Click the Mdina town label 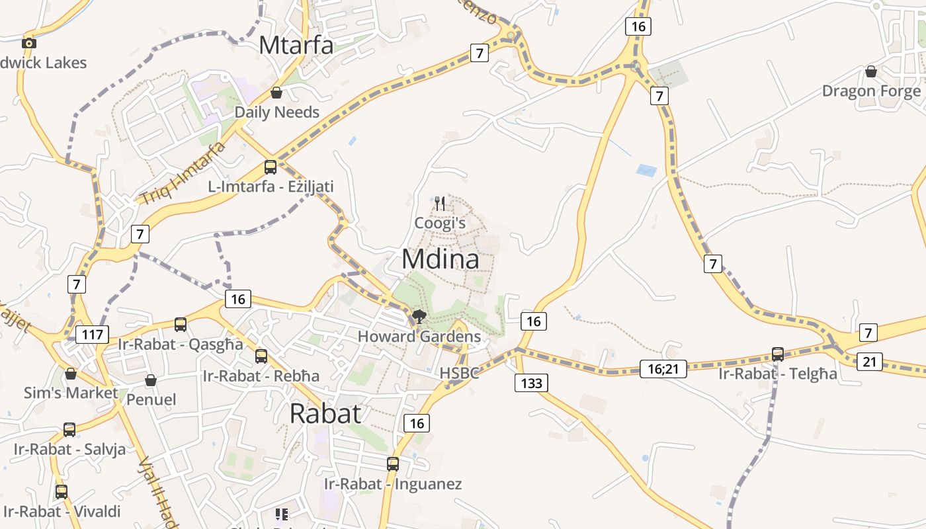[441, 259]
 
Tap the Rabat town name [325, 413]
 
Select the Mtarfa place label [296, 45]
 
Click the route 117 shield [93, 335]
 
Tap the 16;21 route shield [663, 369]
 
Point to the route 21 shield [869, 362]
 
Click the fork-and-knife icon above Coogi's [441, 203]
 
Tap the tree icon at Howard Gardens [419, 316]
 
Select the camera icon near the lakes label [28, 43]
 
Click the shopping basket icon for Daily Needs [276, 93]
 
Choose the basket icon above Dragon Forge [871, 71]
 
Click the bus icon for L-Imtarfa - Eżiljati [270, 167]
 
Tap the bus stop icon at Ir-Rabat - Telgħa [778, 354]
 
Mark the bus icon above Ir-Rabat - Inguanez [393, 464]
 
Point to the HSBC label [459, 373]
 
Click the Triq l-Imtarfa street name [183, 173]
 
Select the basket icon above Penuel [151, 380]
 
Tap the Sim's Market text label [71, 393]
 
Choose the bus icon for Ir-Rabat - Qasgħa [181, 324]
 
